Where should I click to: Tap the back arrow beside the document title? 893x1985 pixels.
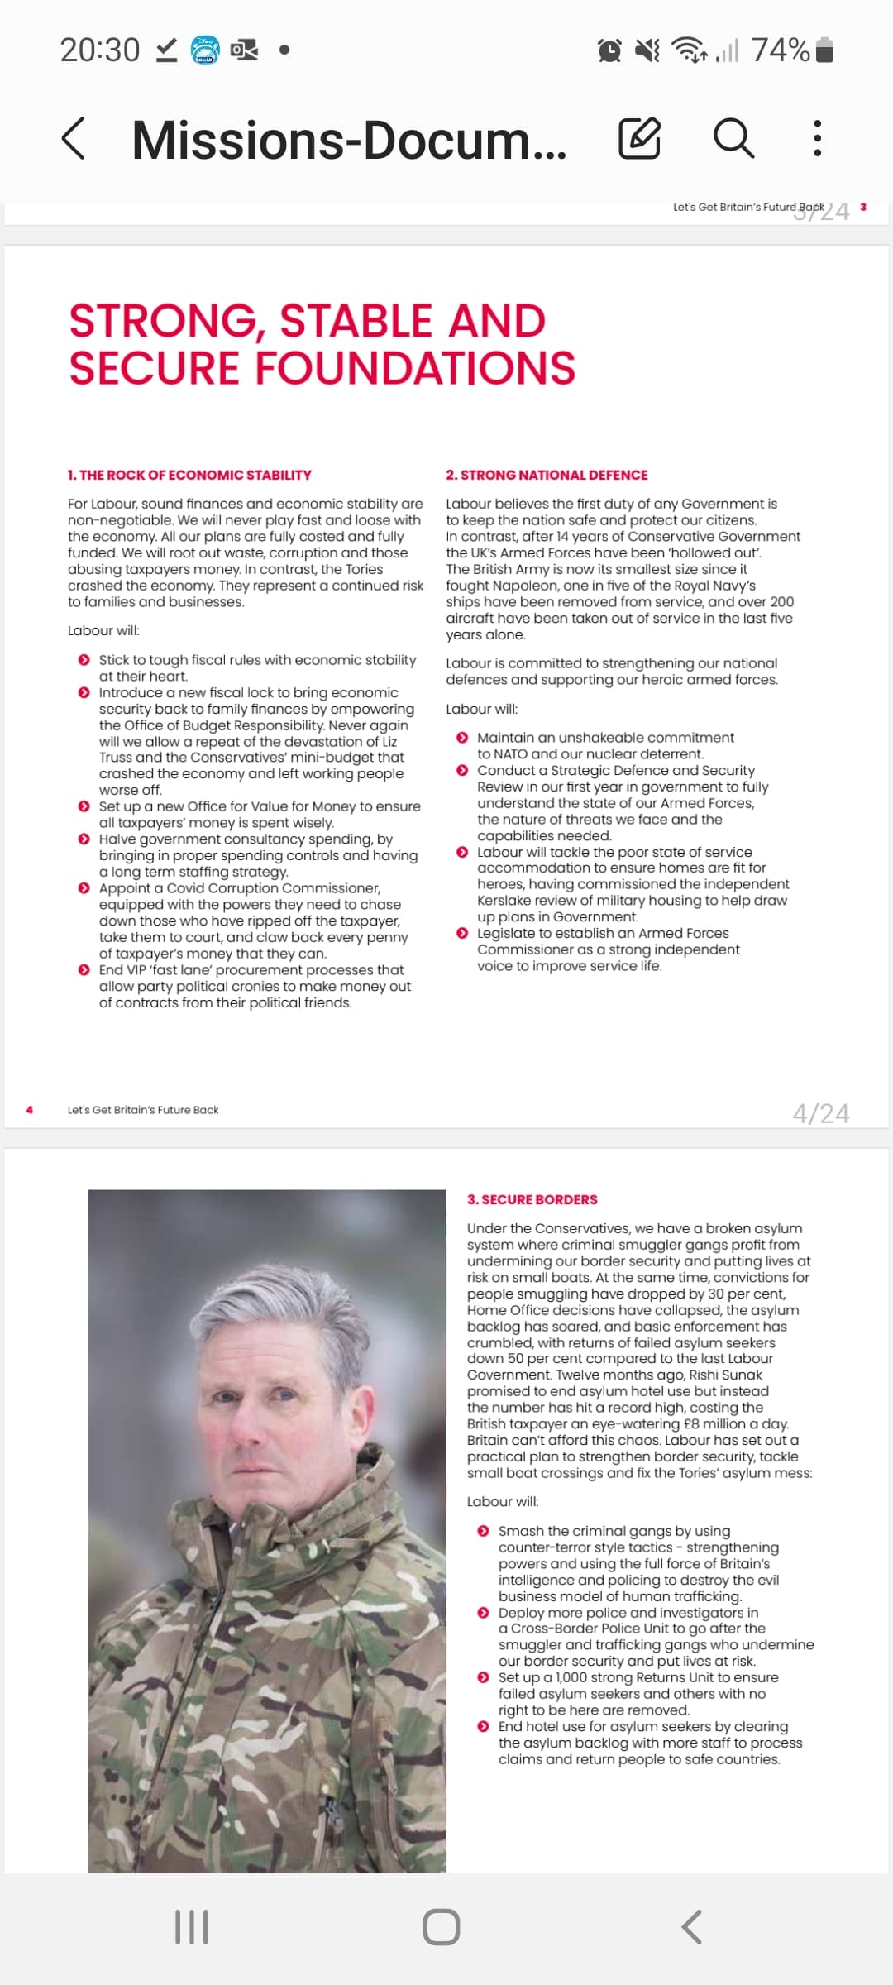pyautogui.click(x=74, y=138)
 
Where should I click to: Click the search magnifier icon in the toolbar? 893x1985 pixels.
pyautogui.click(x=733, y=137)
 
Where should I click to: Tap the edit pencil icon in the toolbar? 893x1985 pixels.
pyautogui.click(x=639, y=138)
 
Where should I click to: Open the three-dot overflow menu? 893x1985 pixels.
pyautogui.click(x=817, y=138)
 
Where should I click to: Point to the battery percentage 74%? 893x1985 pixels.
pyautogui.click(x=780, y=50)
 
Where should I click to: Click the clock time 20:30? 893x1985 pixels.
pyautogui.click(x=100, y=50)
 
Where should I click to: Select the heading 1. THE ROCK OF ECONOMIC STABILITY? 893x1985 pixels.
pyautogui.click(x=189, y=475)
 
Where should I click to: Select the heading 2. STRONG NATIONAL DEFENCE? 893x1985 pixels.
pyautogui.click(x=547, y=475)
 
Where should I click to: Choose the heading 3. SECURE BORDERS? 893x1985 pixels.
pyautogui.click(x=532, y=1199)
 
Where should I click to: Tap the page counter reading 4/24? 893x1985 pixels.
pyautogui.click(x=820, y=1113)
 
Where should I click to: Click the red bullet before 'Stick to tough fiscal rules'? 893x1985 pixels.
pyautogui.click(x=84, y=660)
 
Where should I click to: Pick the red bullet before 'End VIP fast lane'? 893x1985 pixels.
pyautogui.click(x=84, y=969)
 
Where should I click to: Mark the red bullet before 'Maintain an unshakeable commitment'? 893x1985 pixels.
pyautogui.click(x=462, y=737)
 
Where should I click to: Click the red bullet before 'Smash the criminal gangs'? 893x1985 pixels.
pyautogui.click(x=483, y=1531)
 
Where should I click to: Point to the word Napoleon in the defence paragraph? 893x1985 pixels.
pyautogui.click(x=525, y=586)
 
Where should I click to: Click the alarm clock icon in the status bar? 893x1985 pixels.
pyautogui.click(x=609, y=50)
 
